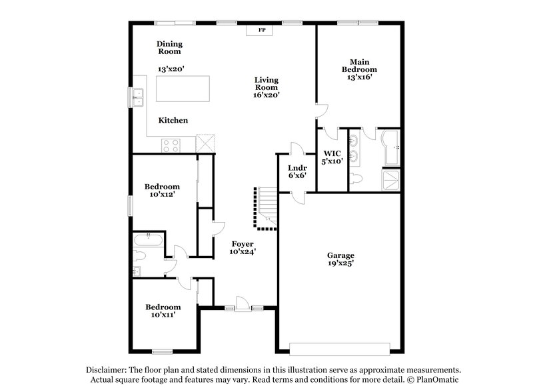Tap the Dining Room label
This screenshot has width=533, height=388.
(x=169, y=47)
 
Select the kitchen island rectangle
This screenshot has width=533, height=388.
(x=182, y=88)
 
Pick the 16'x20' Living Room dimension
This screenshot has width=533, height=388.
(x=266, y=95)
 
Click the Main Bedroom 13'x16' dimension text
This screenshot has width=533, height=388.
(x=359, y=77)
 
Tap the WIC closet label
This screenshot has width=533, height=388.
(x=332, y=153)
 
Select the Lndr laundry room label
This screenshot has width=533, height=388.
(x=296, y=168)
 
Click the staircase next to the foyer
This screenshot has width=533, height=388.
(x=266, y=206)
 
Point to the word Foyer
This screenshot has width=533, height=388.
(x=243, y=243)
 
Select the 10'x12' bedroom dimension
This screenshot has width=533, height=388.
(x=163, y=195)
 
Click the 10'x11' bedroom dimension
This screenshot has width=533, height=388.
(x=163, y=315)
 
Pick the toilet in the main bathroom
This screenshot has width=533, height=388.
(x=358, y=178)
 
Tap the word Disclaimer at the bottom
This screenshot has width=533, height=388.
(x=105, y=369)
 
